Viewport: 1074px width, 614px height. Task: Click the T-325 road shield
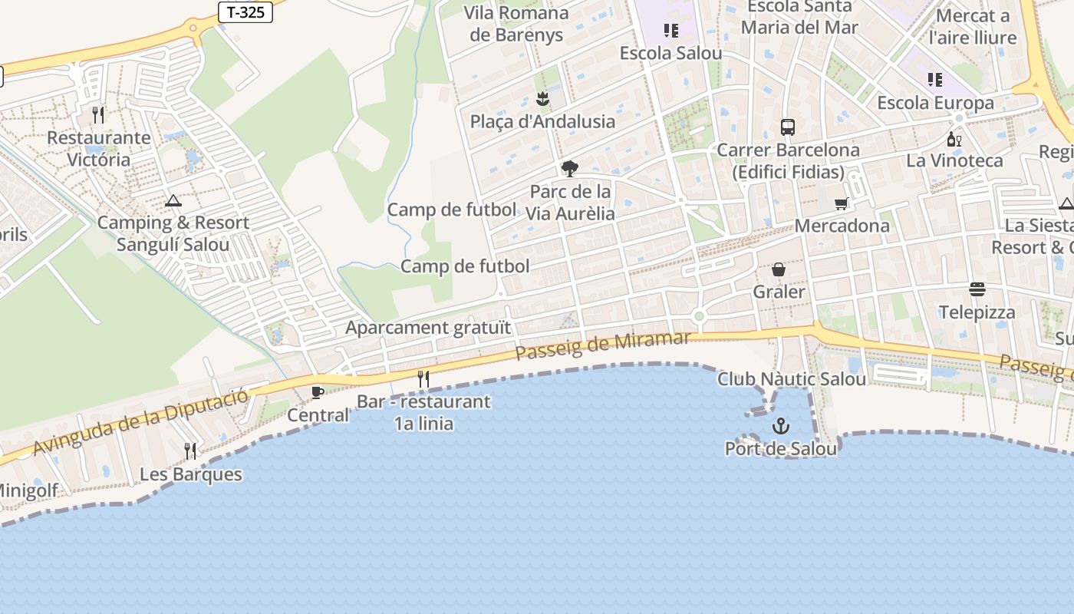pos(245,12)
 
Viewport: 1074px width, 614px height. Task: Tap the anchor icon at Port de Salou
pos(780,426)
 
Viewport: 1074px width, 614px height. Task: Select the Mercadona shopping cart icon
pos(842,203)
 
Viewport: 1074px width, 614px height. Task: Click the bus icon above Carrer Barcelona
pos(787,127)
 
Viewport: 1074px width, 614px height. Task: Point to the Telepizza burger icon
pos(977,289)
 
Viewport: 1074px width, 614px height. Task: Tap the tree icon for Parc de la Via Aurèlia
pos(569,169)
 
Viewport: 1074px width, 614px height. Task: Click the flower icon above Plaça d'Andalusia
pos(542,98)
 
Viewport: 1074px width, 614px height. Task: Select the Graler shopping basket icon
pos(779,269)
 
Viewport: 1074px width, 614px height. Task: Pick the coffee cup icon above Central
pos(317,393)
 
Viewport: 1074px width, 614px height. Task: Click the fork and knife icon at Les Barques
pos(190,451)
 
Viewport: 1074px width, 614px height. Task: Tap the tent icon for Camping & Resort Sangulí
pos(173,200)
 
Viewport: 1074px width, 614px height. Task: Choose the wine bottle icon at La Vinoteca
pos(954,139)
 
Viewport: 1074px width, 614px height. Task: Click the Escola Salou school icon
pos(671,31)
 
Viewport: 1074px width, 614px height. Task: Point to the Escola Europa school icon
pos(934,80)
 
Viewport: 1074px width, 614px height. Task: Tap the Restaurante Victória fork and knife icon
pos(98,115)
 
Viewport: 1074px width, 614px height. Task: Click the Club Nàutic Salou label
pos(792,378)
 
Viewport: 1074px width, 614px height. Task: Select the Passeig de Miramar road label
pos(602,345)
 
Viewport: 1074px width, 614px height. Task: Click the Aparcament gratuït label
pos(427,328)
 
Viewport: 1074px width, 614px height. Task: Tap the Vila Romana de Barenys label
pos(516,24)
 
